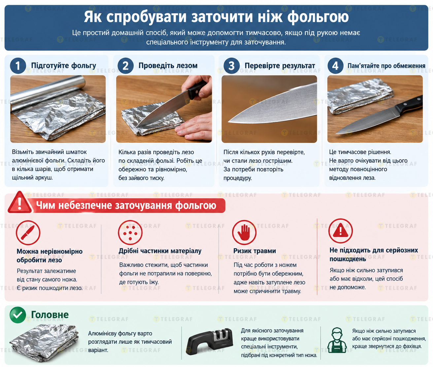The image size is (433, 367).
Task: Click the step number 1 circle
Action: point(18,66)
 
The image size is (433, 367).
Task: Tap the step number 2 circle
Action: point(125,66)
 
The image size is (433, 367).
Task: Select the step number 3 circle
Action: point(231,66)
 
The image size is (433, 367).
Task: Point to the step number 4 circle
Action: point(335,66)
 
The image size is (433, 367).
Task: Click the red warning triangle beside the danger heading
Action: point(20,202)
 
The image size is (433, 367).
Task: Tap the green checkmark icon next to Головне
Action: point(18,315)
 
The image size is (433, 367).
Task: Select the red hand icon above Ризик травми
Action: point(244,232)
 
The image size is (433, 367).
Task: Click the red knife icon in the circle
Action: point(28,233)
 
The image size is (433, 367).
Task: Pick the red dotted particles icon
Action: point(130,232)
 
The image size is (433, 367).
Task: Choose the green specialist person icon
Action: point(337,340)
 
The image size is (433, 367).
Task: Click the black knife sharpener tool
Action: point(210,341)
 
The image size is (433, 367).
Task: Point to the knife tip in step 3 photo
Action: point(228,121)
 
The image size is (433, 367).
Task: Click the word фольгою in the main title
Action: point(318,17)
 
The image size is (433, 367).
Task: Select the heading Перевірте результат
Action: point(280,66)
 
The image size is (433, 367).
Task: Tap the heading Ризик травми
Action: point(254,251)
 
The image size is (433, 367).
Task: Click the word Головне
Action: point(50,315)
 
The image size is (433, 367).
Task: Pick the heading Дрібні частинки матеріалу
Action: point(160,251)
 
